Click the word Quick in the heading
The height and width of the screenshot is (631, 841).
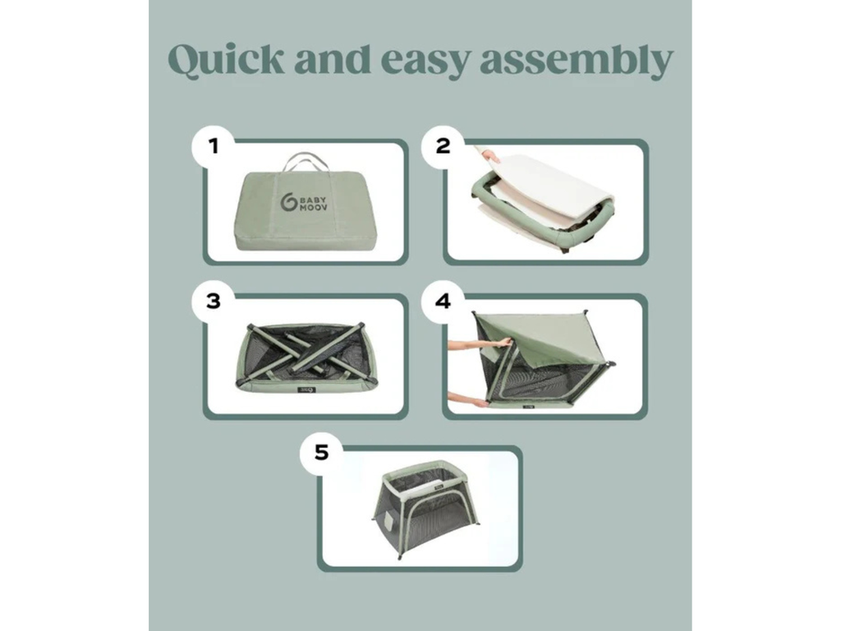pyautogui.click(x=227, y=59)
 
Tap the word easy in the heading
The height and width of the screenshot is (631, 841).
pyautogui.click(x=425, y=62)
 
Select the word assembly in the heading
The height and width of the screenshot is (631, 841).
pyautogui.click(x=576, y=60)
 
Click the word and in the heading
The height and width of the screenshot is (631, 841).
pyautogui.click(x=333, y=59)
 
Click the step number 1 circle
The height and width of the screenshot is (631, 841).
pyautogui.click(x=214, y=146)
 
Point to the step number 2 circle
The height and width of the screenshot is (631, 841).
pyautogui.click(x=443, y=146)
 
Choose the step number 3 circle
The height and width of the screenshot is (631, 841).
pyautogui.click(x=214, y=302)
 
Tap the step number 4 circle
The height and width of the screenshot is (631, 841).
pyautogui.click(x=443, y=302)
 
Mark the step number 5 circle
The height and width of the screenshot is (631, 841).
pyautogui.click(x=321, y=453)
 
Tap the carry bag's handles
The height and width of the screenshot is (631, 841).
pyautogui.click(x=305, y=161)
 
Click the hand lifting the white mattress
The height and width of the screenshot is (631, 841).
pyautogui.click(x=490, y=156)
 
